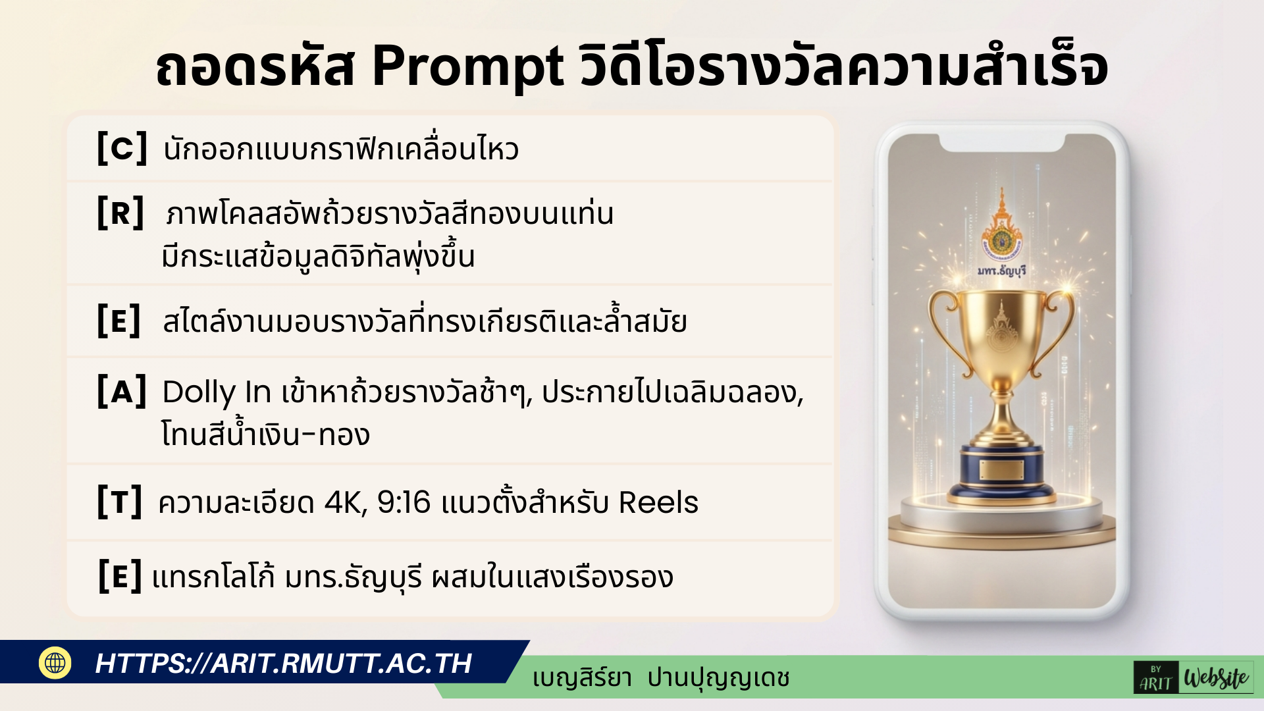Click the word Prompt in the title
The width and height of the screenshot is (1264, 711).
467,67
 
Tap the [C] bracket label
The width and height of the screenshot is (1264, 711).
122,148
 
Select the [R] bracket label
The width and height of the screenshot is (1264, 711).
120,213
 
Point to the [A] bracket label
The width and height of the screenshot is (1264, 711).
122,392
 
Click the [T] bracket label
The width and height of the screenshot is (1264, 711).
119,502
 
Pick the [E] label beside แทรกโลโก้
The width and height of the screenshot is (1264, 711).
120,577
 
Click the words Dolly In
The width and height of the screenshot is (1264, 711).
216,392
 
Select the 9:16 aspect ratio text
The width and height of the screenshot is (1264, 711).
404,503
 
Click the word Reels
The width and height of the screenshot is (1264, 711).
658,503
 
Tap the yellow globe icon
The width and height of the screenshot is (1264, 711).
55,662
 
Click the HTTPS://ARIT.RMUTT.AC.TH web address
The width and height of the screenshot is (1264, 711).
283,664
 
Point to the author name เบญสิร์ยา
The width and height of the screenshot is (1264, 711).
582,678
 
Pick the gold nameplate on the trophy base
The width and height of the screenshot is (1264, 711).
1001,469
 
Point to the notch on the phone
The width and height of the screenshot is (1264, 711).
1001,143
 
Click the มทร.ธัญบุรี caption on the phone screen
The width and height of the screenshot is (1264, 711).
1001,271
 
